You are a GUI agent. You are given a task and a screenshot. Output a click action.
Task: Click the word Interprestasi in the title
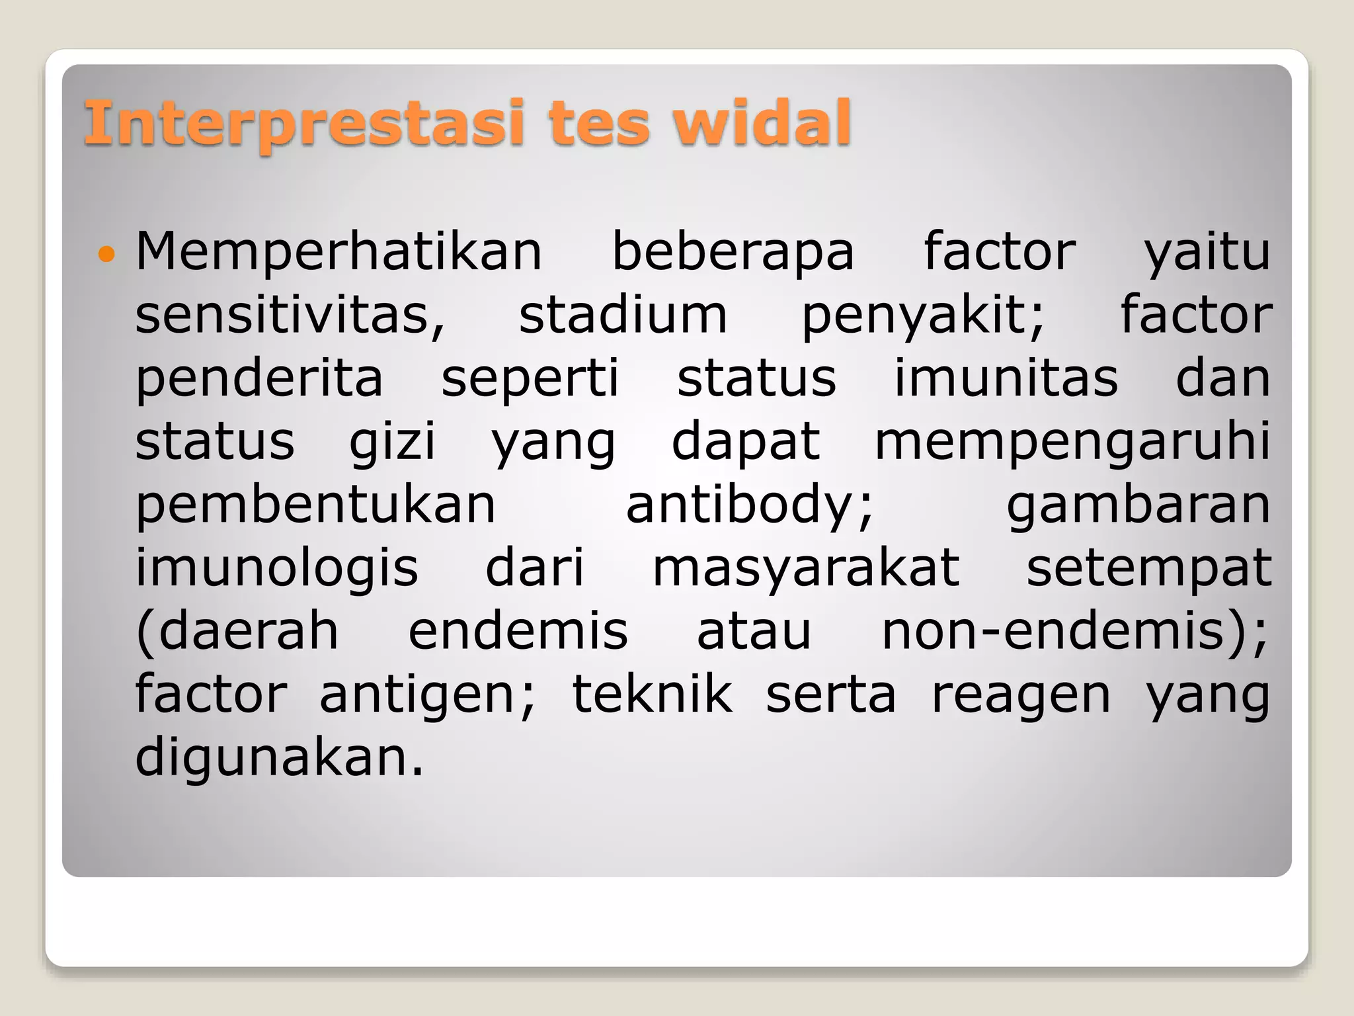(304, 123)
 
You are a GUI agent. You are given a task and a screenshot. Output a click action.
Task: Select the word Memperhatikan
(338, 252)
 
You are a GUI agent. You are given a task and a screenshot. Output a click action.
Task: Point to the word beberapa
(733, 253)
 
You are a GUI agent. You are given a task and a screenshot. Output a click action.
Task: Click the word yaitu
(1207, 253)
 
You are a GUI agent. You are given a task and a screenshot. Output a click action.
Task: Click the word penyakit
(922, 317)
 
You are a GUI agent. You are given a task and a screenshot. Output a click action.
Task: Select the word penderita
(259, 379)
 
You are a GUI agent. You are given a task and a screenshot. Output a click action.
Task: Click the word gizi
(392, 443)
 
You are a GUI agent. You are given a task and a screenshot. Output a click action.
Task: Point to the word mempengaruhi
(1072, 443)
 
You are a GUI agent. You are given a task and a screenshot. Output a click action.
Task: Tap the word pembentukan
(315, 504)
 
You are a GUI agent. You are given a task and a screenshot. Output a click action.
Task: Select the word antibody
(749, 504)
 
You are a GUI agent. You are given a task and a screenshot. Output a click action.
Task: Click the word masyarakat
(805, 568)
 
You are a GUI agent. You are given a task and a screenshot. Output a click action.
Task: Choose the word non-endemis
(1074, 630)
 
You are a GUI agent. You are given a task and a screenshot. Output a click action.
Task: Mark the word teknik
(652, 694)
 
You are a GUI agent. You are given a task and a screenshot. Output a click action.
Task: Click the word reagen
(1021, 695)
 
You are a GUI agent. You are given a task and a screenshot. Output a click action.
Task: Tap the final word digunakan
(278, 758)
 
